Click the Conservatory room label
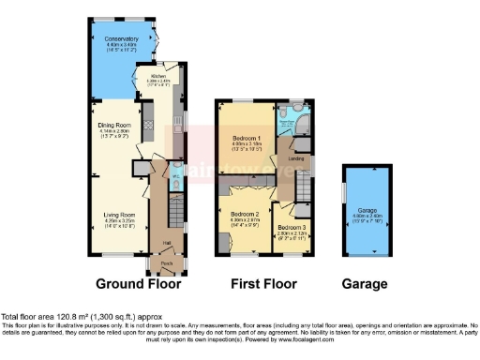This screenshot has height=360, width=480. [x=122, y=37]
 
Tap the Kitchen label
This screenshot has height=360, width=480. [x=157, y=77]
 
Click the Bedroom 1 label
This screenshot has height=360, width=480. [x=247, y=139]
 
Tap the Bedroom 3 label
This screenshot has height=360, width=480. [x=292, y=227]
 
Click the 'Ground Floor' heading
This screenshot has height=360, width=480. [x=139, y=283]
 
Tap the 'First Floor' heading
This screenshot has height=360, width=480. [x=263, y=283]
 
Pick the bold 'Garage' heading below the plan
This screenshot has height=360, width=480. [x=364, y=283]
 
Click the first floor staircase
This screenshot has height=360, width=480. [x=306, y=191]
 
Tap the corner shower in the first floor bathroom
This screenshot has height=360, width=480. [x=302, y=123]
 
